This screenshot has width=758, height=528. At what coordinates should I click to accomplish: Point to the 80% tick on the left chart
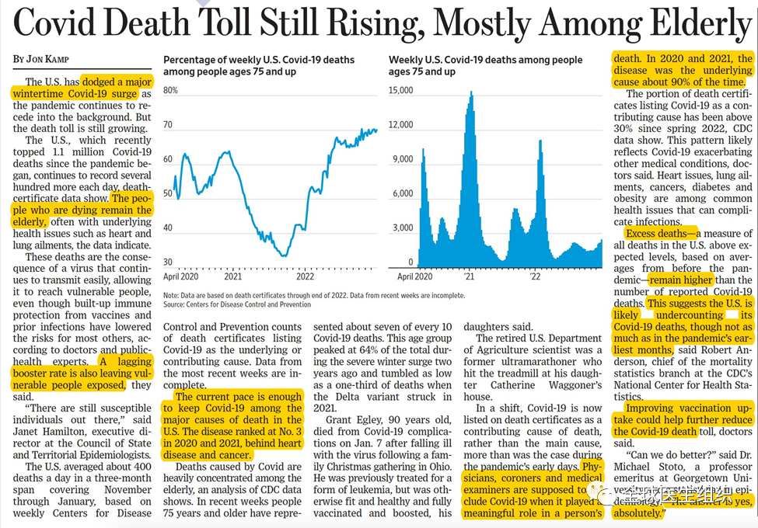pyautogui.click(x=171, y=91)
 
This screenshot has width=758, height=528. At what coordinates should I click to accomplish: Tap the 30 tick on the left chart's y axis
pyautogui.click(x=168, y=262)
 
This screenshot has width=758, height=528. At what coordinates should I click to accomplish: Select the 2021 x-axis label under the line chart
pyautogui.click(x=232, y=276)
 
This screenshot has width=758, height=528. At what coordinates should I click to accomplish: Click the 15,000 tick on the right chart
pyautogui.click(x=403, y=91)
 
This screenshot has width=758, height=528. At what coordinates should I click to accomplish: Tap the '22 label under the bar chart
pyautogui.click(x=536, y=276)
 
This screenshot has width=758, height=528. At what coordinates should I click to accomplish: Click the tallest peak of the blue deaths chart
pyautogui.click(x=471, y=94)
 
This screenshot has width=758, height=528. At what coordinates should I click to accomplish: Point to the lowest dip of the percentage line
pyautogui.click(x=284, y=255)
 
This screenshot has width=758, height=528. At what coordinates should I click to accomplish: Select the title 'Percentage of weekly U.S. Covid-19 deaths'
pyautogui.click(x=258, y=60)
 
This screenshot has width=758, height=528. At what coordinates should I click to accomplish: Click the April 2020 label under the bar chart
pyautogui.click(x=415, y=276)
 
